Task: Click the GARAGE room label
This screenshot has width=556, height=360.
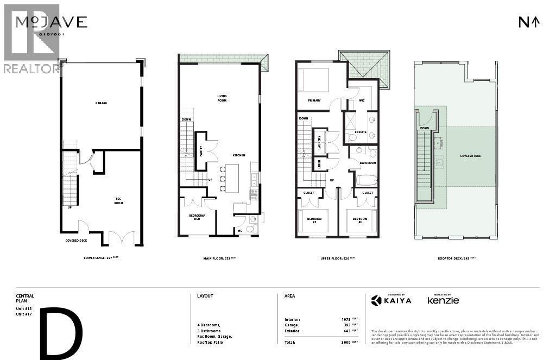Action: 100,103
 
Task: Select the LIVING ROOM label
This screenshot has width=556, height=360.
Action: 222,98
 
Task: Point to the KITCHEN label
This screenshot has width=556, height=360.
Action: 239,155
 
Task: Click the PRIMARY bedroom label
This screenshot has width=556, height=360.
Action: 314,100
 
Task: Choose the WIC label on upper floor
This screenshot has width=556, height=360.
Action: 362,101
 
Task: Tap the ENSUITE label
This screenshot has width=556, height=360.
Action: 361,132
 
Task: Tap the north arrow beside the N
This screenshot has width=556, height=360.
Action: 535,22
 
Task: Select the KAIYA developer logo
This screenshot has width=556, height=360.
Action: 391,300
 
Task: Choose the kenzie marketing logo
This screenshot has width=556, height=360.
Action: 443,300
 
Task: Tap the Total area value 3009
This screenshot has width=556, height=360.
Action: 346,342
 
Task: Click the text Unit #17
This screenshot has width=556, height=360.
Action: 24,313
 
